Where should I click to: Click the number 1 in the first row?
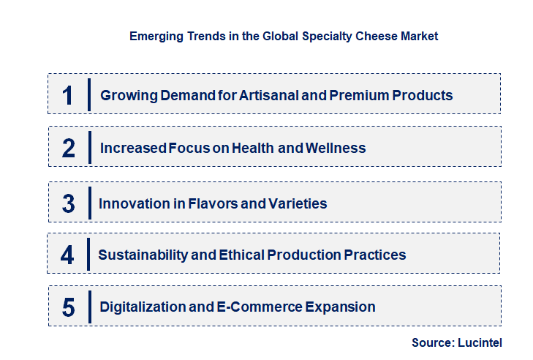tap(68, 95)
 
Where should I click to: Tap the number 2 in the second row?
tap(68, 148)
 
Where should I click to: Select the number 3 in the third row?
tap(68, 203)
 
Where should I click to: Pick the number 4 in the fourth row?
tap(67, 255)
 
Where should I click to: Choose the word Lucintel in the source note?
tap(481, 342)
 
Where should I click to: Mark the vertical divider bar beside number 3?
tap(88, 202)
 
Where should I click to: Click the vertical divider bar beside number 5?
tap(88, 306)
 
